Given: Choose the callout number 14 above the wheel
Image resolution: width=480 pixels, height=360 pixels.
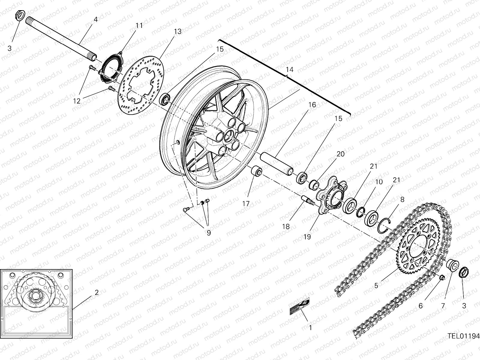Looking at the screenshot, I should pos(289,70).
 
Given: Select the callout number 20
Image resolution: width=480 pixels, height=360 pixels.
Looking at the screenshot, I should pos(340,154).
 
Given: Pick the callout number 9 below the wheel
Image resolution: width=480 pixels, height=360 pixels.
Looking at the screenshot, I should pos(208,233).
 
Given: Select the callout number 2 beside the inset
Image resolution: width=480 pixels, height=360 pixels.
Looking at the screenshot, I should pos(96,292).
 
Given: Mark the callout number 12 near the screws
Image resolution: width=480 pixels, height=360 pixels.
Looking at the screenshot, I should pos(77,101).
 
